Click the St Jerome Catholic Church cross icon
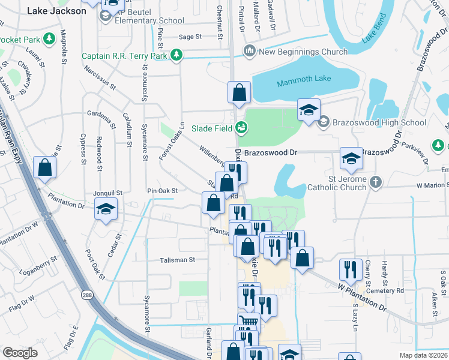[x=376, y=181]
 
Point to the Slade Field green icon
[x=241, y=127]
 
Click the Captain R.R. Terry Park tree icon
[x=176, y=56]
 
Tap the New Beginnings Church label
[x=303, y=52]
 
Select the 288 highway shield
[x=87, y=295]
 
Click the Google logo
[x=20, y=353]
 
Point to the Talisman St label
[x=177, y=260]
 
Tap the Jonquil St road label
[x=107, y=193]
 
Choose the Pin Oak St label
[x=163, y=191]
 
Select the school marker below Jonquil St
[x=106, y=209]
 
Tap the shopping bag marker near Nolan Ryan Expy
[x=45, y=168]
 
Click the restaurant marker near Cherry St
[x=351, y=269]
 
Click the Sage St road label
[x=190, y=37]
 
